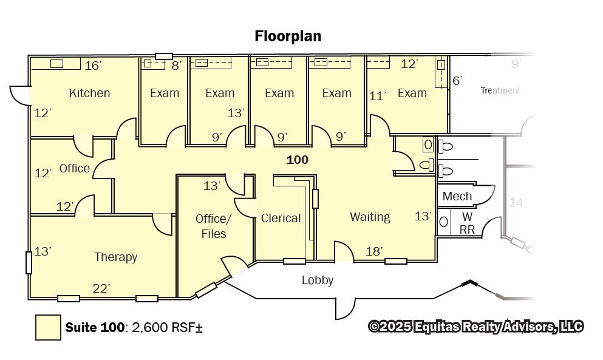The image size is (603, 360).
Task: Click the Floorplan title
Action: click(x=288, y=36)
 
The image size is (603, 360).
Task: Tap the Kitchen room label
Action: click(x=90, y=93)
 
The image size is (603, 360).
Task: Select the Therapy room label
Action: click(x=116, y=257)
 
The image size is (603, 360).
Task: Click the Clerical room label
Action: click(x=281, y=218)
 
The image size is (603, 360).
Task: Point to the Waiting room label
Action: click(x=370, y=217)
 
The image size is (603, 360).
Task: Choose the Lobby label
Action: click(x=317, y=280)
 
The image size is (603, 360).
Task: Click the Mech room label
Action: click(x=457, y=196)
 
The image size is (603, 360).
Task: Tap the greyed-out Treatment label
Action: click(x=500, y=90)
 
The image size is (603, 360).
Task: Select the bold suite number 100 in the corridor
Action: click(x=298, y=160)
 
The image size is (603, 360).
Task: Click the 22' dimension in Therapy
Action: click(x=101, y=288)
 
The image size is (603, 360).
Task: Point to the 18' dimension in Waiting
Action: click(x=374, y=251)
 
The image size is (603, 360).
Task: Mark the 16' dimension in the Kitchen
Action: click(x=93, y=66)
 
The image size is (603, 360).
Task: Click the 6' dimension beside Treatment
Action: click(x=457, y=81)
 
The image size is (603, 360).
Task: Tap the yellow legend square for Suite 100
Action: click(x=48, y=327)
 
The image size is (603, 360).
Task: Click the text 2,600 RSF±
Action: click(x=167, y=327)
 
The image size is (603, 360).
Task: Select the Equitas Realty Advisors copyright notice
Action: click(x=475, y=327)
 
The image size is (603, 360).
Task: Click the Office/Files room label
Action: click(x=213, y=226)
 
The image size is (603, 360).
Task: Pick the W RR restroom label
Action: click(x=467, y=223)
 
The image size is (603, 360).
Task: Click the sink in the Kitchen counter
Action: click(x=56, y=64)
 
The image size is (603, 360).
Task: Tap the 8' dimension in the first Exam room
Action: click(x=176, y=66)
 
